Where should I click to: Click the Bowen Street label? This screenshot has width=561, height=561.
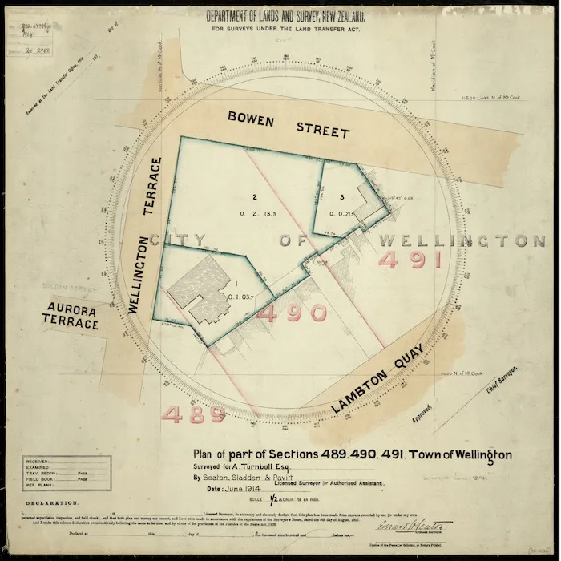(x=289, y=124)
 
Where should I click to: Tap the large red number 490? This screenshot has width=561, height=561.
(x=292, y=313)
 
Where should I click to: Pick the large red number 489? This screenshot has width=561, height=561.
(x=194, y=414)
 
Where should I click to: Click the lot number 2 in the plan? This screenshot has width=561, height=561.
(x=254, y=197)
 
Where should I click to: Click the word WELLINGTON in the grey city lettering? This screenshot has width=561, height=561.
(x=462, y=240)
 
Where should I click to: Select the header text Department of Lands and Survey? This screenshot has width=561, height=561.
(x=286, y=16)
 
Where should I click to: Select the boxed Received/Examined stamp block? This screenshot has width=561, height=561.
(x=67, y=473)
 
